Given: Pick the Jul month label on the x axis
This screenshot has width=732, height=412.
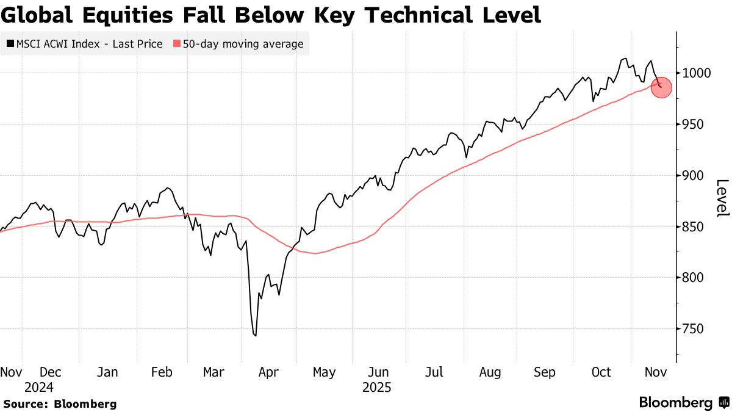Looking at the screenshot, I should tap(434, 372).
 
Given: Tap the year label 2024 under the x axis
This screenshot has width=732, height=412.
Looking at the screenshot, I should tap(38, 388).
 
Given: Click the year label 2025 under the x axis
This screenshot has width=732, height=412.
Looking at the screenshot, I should tap(376, 388).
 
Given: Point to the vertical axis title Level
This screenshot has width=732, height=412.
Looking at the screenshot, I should tap(722, 198).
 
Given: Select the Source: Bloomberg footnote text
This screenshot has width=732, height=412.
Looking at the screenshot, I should tap(60, 404).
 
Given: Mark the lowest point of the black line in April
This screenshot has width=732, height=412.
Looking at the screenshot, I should tap(255, 335).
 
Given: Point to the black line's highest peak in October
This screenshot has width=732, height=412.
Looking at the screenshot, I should tap(623, 59).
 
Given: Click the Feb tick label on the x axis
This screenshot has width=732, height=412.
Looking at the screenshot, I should tap(162, 372).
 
